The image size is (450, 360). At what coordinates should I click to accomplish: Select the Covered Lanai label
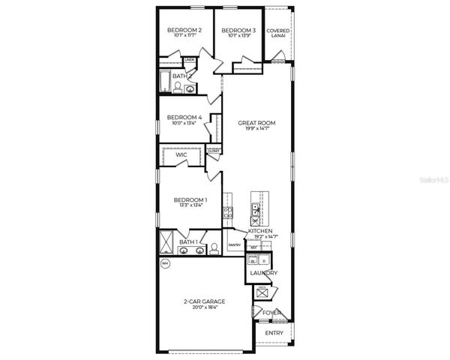tap(278, 34)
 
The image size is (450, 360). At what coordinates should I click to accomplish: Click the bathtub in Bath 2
tap(165, 83)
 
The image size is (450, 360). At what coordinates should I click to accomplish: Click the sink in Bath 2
tap(190, 88)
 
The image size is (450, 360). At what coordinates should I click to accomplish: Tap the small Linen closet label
tap(190, 59)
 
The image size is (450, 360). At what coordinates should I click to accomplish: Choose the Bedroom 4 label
tap(184, 117)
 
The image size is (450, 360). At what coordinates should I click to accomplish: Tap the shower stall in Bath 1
tap(166, 241)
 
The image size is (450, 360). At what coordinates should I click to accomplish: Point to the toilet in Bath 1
tap(213, 247)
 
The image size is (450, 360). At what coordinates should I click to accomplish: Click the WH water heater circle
tap(165, 264)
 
